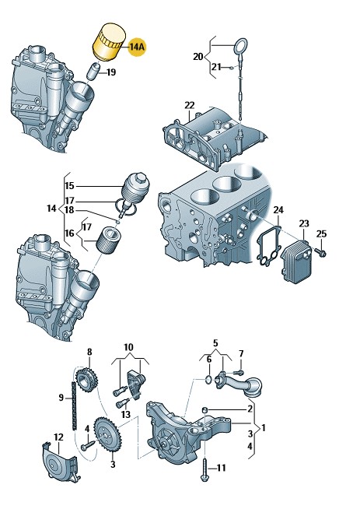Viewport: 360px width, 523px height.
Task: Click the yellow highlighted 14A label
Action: (x=137, y=47)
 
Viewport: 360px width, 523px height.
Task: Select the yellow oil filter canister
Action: (x=109, y=42)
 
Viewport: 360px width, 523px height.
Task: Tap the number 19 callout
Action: (x=111, y=72)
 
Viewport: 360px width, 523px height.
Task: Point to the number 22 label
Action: (x=190, y=105)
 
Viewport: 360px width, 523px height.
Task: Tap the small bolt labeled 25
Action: (x=322, y=254)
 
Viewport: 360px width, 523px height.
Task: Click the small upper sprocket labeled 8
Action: (x=86, y=379)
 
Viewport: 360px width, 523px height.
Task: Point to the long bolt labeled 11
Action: (x=204, y=469)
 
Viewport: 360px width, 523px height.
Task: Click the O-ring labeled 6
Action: (x=208, y=380)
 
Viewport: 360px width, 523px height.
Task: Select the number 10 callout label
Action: (x=128, y=347)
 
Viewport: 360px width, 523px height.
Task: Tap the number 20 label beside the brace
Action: (x=197, y=57)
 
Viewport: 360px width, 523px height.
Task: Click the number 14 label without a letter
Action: (x=51, y=209)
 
